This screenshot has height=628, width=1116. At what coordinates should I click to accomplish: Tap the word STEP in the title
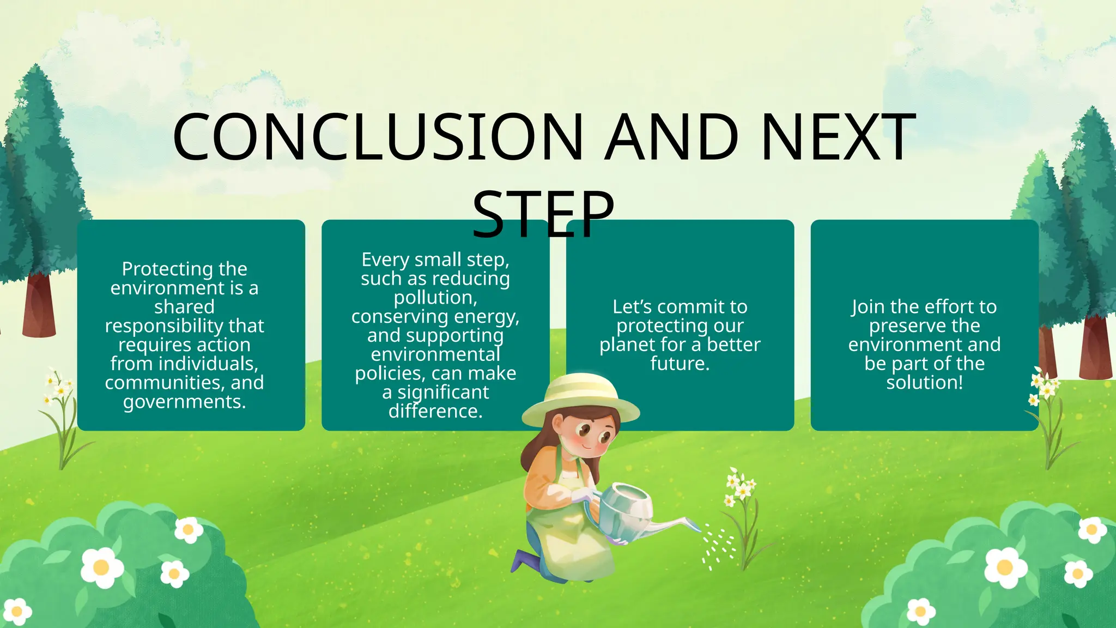coord(543,214)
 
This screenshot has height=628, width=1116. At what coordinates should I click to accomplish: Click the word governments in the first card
coord(184,402)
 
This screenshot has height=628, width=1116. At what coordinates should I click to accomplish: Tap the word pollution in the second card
coord(435,298)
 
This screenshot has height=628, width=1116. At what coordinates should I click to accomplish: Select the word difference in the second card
coord(435,411)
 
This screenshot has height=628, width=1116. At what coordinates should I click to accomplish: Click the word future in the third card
coord(679,364)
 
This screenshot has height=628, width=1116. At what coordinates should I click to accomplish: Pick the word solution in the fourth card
coord(924,383)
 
